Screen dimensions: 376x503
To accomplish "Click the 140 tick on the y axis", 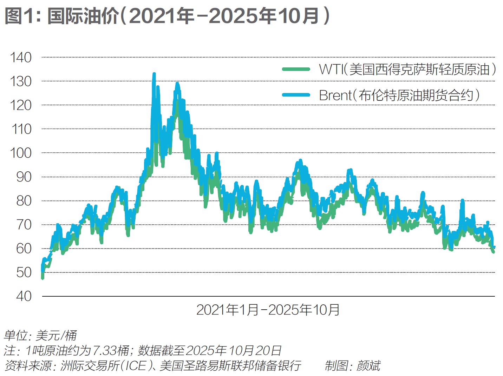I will [21, 57].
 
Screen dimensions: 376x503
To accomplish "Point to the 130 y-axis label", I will [21, 81].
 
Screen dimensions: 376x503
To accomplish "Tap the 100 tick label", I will [21, 153].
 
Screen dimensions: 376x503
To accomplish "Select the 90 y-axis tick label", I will [24, 177].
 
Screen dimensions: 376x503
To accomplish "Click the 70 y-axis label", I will [24, 225].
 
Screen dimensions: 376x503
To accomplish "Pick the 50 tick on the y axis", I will [24, 272].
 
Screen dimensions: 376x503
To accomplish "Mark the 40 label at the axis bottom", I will [24, 296].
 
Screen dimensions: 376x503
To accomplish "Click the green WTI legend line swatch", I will [296, 69].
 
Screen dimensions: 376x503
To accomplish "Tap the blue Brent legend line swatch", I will [296, 95].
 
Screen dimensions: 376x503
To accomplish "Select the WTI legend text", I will [407, 69].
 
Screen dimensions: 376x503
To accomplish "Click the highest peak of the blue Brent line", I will [154, 74].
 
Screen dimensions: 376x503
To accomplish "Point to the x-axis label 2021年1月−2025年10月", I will [268, 310].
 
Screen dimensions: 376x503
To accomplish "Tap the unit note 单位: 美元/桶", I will [40, 335].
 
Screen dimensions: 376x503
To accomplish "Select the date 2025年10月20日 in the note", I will [234, 350].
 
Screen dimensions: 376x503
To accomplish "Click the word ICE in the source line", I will [136, 365].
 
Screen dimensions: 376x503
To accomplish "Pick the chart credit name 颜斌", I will [368, 365].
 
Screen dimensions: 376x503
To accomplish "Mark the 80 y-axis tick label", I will [24, 201].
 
